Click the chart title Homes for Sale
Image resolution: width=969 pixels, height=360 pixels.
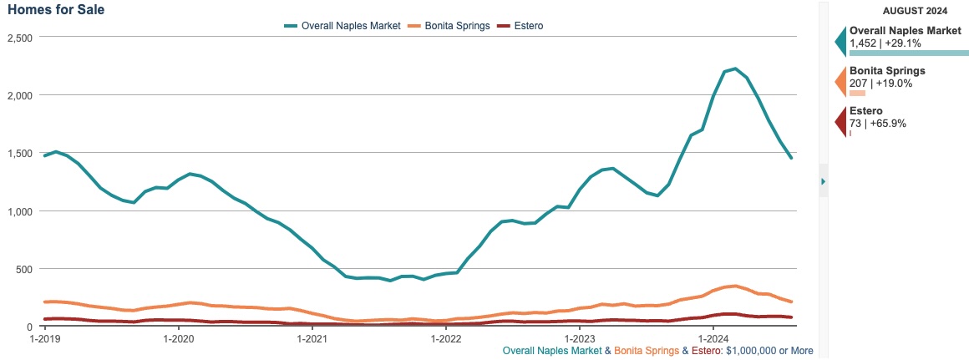click(x=56, y=9)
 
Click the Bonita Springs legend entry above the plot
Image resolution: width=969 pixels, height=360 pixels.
click(x=448, y=26)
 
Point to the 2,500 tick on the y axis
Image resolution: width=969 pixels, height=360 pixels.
click(x=19, y=38)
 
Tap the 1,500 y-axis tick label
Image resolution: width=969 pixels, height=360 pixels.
click(x=19, y=154)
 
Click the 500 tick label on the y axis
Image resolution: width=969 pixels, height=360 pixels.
click(x=23, y=269)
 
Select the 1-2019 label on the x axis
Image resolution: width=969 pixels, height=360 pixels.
click(x=45, y=338)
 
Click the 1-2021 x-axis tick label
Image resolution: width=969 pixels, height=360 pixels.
click(x=312, y=338)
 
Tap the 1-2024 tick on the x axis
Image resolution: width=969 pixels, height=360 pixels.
click(x=713, y=338)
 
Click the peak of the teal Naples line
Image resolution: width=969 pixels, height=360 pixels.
click(x=734, y=68)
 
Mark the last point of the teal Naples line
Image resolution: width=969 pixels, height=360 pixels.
click(x=790, y=157)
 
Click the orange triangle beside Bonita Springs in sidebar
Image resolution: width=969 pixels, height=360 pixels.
click(x=840, y=82)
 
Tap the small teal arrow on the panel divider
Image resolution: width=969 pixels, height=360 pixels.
click(x=823, y=181)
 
